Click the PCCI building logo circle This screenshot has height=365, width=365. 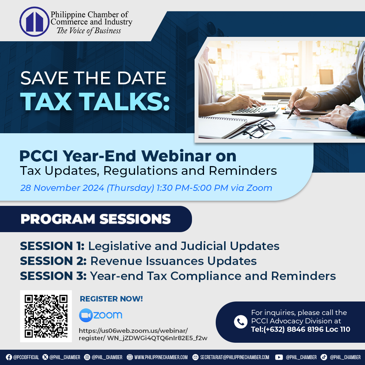point(34,22)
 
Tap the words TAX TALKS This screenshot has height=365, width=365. point(95,101)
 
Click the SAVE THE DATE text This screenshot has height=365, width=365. point(93,78)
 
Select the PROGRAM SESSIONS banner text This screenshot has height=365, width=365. point(96,219)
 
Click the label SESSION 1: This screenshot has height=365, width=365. point(52,246)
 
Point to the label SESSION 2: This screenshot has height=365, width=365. point(53,261)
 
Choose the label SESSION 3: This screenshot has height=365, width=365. point(53,276)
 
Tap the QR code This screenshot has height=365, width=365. point(46,316)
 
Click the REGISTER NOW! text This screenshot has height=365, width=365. point(111,299)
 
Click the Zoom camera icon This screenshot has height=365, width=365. point(86,315)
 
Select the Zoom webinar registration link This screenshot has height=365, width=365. point(143,334)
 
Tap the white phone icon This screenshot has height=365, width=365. point(241,322)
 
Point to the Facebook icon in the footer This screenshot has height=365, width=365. point(9,357)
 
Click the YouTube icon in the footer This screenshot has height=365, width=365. point(279,357)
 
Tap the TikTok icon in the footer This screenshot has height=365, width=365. point(324,357)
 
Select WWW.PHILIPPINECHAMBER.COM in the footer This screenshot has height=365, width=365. point(161,357)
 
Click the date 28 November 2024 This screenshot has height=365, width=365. point(62,188)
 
